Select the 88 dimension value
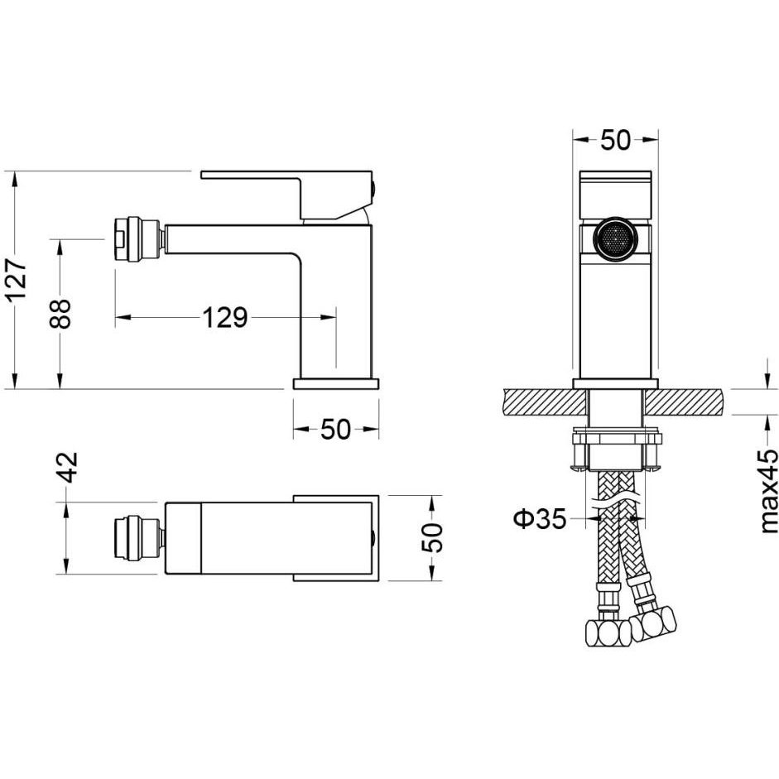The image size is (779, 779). tap(60, 314)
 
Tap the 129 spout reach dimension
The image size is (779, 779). tap(225, 317)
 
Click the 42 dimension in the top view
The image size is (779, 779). tap(65, 467)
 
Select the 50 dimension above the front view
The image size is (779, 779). tap(615, 140)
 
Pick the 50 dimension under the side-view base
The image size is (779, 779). tap(336, 430)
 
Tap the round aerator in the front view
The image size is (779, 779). tap(616, 238)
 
